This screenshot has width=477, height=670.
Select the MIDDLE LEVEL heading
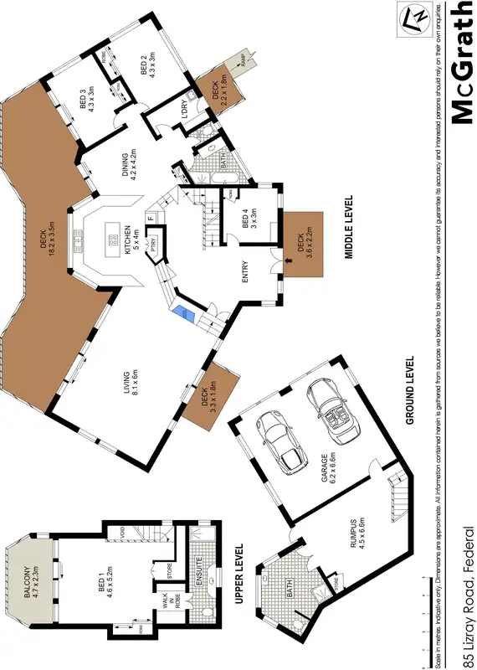pyautogui.click(x=347, y=226)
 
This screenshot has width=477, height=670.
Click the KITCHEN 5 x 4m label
pyautogui.click(x=125, y=243)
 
